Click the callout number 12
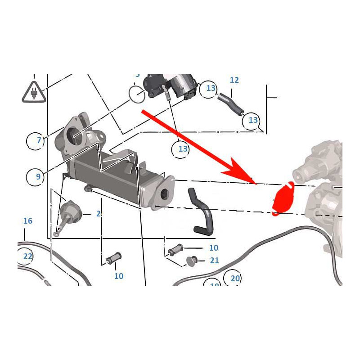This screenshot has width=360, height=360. click(x=234, y=80)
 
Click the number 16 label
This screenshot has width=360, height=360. click(x=28, y=221)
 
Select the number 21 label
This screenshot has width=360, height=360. click(x=214, y=261)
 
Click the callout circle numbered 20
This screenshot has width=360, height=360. click(x=234, y=279)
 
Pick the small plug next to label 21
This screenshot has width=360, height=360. click(x=191, y=260)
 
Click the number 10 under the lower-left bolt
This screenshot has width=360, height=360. click(x=118, y=276)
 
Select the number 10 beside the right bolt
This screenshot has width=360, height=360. click(x=213, y=248)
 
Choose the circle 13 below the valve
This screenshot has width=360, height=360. click(x=182, y=148)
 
